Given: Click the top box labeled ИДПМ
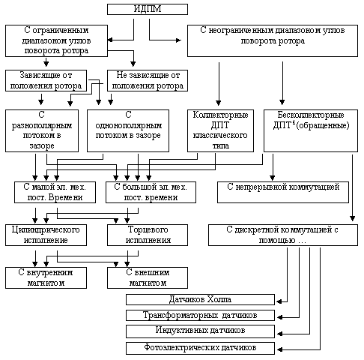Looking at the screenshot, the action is click(148, 9).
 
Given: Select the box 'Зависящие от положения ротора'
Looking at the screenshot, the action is click(46, 80).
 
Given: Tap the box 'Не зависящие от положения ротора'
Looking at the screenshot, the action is click(148, 80).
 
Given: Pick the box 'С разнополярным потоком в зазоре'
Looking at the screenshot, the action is click(42, 130).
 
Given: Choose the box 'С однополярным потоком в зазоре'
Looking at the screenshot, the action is click(128, 130).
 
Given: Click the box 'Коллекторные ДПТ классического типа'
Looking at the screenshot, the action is click(220, 130).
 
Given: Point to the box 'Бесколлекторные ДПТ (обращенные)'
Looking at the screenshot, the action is click(311, 130).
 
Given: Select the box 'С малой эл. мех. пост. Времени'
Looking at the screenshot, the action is click(55, 192).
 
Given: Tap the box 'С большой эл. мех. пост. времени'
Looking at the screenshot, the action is click(151, 192).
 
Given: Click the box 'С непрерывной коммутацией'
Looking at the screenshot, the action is click(283, 192).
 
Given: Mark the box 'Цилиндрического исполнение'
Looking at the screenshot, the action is click(46, 235).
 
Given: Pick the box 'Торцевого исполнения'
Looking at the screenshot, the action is click(148, 235).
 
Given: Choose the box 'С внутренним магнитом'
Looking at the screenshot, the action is click(46, 277).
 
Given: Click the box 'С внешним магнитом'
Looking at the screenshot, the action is click(148, 277).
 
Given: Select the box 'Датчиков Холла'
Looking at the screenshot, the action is click(200, 299).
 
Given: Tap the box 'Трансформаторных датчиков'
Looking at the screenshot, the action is click(200, 315).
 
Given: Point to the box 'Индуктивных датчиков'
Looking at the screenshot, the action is click(200, 331).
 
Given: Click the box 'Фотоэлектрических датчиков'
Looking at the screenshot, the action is click(200, 348).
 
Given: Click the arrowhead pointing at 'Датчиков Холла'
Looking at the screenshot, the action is click(279, 301).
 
